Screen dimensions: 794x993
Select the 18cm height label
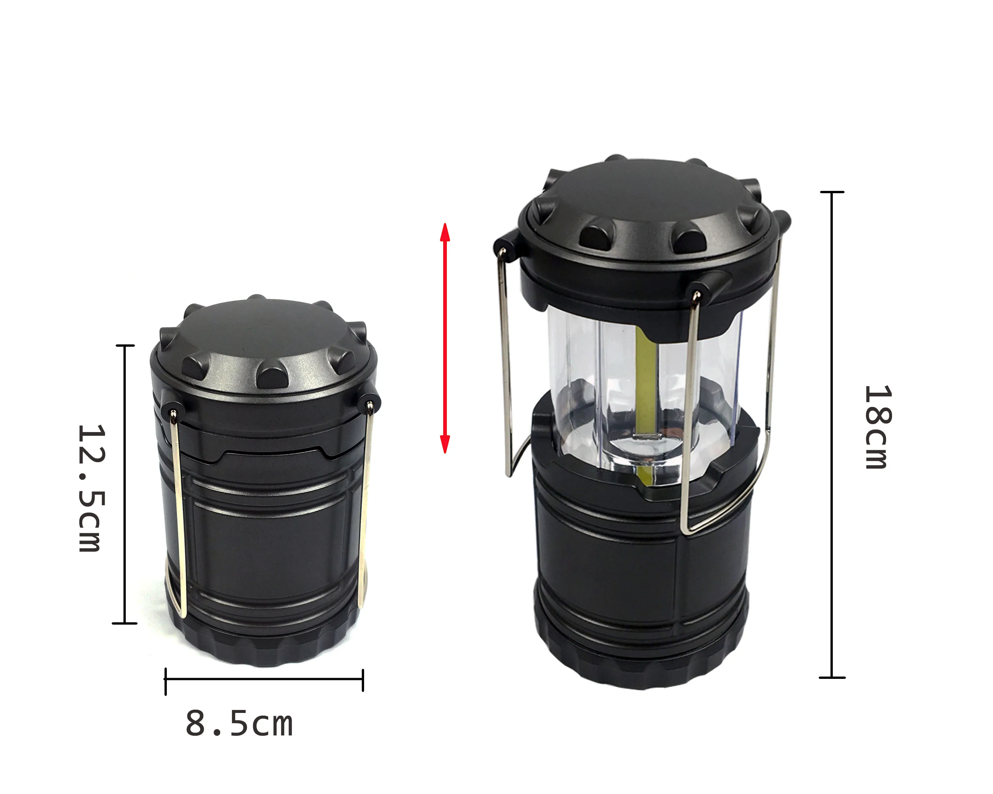(x=877, y=427)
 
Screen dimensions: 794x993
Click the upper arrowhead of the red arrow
(x=445, y=233)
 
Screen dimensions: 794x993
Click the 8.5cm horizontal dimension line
(x=264, y=679)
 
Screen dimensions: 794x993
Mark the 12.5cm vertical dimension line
(x=125, y=483)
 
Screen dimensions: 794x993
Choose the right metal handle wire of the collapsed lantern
(x=365, y=506)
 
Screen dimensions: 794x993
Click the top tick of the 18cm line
(x=832, y=192)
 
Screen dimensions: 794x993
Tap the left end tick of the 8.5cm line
(x=166, y=680)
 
